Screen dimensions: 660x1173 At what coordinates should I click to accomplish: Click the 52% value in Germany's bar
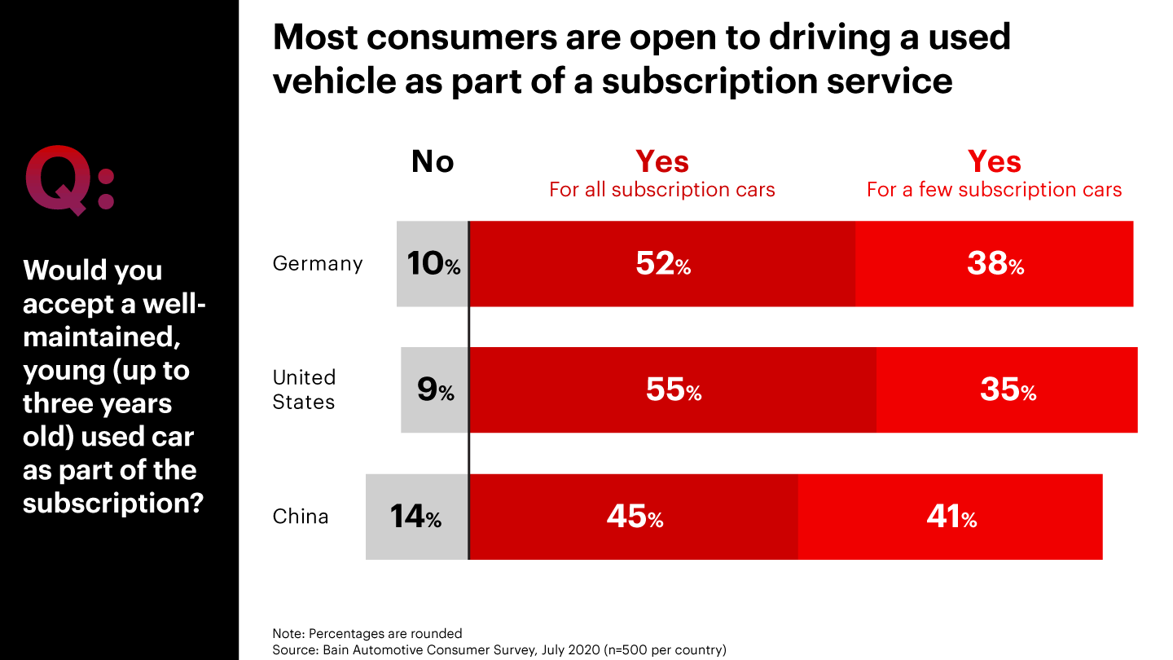[x=662, y=264]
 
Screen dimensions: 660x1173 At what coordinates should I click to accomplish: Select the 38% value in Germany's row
[x=995, y=264]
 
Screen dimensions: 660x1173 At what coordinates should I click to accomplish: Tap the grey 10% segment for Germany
[x=433, y=264]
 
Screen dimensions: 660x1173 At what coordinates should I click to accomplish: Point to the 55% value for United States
[x=673, y=390]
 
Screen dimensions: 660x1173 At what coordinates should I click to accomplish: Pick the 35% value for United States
[x=1007, y=390]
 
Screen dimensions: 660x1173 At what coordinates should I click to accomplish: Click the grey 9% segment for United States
[x=435, y=390]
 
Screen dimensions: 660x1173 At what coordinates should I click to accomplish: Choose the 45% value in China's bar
[x=634, y=517]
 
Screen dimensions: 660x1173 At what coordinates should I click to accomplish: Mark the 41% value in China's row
[x=951, y=517]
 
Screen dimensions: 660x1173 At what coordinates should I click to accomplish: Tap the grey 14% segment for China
[x=416, y=517]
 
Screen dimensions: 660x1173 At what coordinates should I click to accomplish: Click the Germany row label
[x=317, y=264]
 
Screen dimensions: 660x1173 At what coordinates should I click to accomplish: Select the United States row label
[x=304, y=389]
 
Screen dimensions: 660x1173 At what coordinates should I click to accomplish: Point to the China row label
[x=301, y=517]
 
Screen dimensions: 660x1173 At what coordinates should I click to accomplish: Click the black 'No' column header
[x=433, y=162]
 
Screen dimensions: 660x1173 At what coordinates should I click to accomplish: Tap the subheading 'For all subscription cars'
[x=661, y=190]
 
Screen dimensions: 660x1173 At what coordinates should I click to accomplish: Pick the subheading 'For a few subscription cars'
[x=994, y=190]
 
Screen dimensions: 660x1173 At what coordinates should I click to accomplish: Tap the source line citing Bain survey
[x=499, y=649]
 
